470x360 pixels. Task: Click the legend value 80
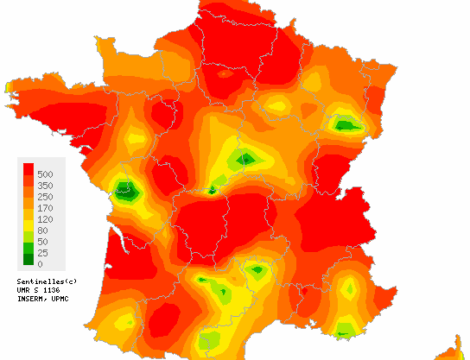point(44,230)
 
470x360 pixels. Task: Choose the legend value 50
point(44,242)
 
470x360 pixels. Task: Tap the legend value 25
point(44,253)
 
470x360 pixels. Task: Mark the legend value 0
point(41,264)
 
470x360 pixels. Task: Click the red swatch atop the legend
point(27,169)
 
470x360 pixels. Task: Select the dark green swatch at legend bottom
point(27,259)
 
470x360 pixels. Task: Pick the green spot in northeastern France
point(347,125)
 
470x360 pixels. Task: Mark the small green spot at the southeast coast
point(345,329)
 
